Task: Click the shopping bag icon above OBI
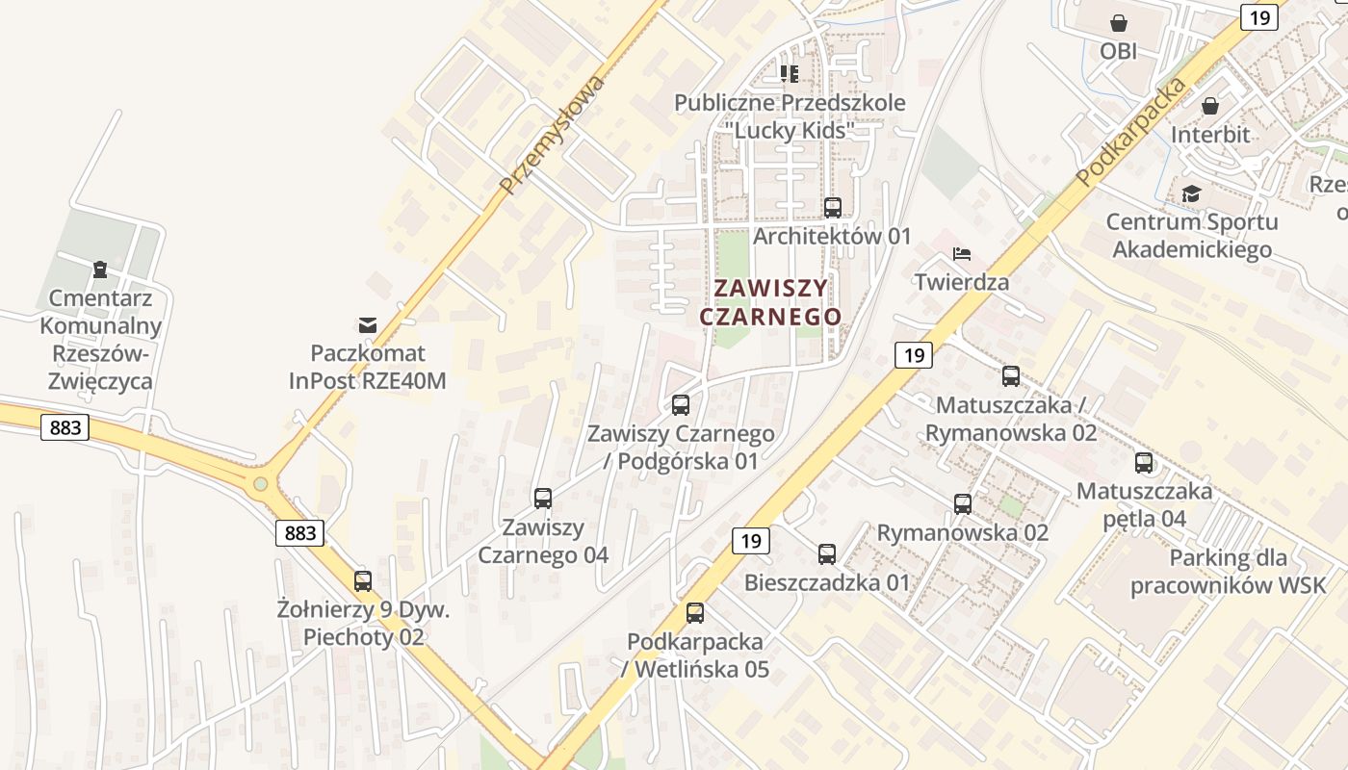pos(1119,22)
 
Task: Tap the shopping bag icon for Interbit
pos(1210,106)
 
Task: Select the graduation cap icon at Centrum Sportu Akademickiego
pos(1192,193)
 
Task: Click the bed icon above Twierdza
pos(962,254)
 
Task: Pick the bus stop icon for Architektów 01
pos(833,207)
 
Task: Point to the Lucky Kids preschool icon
pos(790,73)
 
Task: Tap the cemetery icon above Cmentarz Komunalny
pos(99,269)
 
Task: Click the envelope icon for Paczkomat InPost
pos(368,324)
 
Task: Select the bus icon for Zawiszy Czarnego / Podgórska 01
pos(681,405)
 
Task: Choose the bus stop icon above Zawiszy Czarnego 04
pos(543,499)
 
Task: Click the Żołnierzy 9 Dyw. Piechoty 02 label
pos(364,623)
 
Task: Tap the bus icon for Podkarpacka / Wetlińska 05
pos(695,613)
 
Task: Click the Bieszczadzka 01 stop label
pos(827,582)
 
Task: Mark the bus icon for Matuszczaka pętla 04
pos(1144,463)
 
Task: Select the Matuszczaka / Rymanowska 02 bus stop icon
pos(1011,376)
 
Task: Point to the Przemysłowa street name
pos(553,135)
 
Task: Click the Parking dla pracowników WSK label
pos(1228,572)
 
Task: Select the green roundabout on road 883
pos(260,483)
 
